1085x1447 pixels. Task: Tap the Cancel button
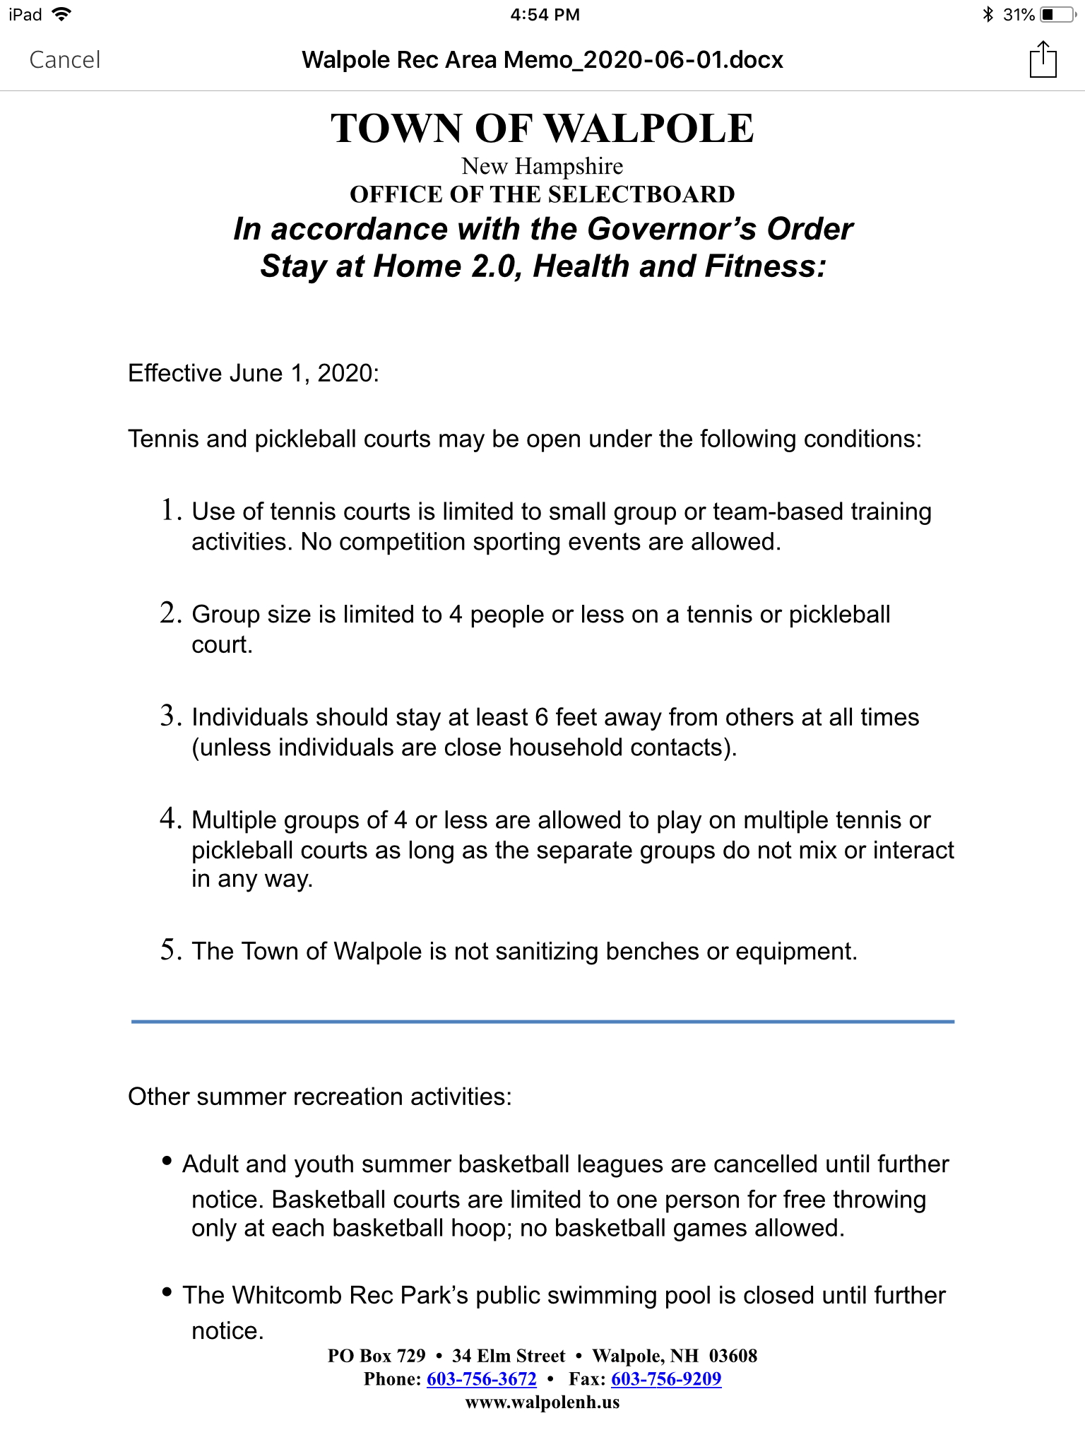(x=65, y=60)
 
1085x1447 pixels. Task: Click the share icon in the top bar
(x=1043, y=60)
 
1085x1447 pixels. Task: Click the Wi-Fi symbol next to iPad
(x=62, y=15)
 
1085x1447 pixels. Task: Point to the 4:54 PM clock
(x=545, y=15)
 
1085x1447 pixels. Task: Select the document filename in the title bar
(x=542, y=60)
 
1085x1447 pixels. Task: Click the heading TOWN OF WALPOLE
(x=542, y=129)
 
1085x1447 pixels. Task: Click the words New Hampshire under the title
(x=542, y=167)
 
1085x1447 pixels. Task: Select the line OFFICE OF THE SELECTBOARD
(x=542, y=194)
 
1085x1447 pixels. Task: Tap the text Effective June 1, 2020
(x=253, y=373)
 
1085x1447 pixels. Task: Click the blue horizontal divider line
(x=542, y=1022)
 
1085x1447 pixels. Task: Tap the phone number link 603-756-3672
(x=482, y=1379)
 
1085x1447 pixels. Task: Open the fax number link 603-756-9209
(x=666, y=1379)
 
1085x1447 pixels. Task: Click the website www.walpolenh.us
(x=542, y=1402)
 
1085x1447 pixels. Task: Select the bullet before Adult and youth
(x=167, y=1161)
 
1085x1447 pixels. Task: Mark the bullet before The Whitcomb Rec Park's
(x=167, y=1292)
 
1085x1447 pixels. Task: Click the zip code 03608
(x=733, y=1356)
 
